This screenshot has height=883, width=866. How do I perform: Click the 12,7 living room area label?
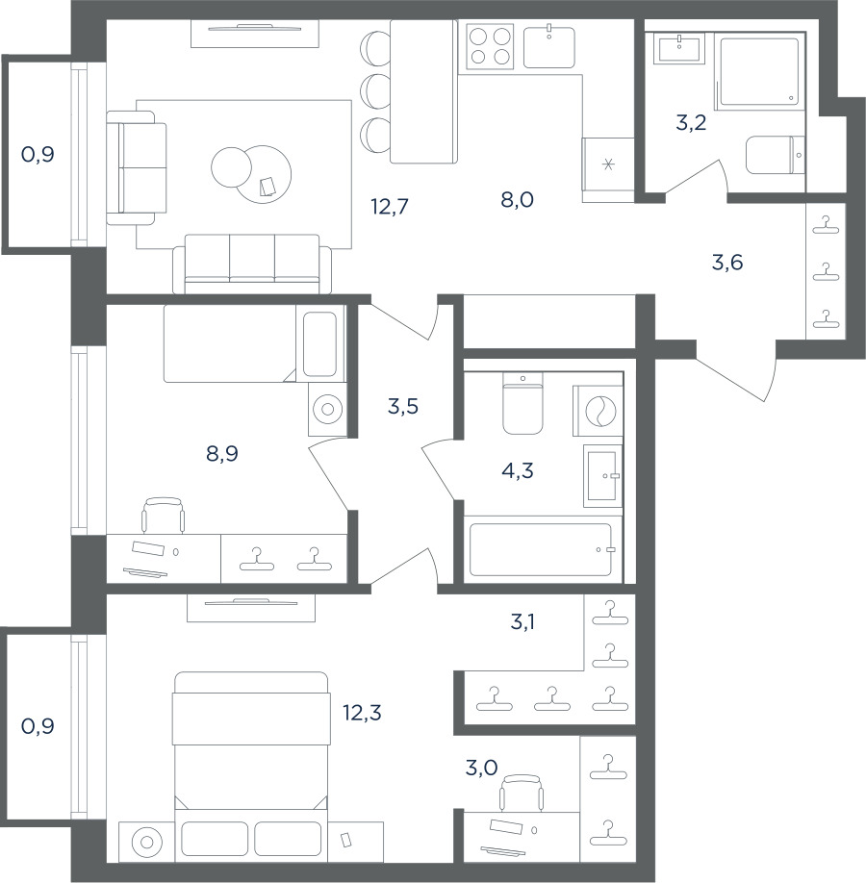pyautogui.click(x=390, y=207)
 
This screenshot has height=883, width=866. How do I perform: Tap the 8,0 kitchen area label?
pyautogui.click(x=518, y=199)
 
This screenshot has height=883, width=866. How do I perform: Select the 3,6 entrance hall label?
pyautogui.click(x=727, y=263)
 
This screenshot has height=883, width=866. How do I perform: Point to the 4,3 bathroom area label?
pyautogui.click(x=518, y=470)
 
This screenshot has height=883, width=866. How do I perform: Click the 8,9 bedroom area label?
pyautogui.click(x=222, y=453)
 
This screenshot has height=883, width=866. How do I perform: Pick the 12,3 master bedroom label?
pyautogui.click(x=363, y=713)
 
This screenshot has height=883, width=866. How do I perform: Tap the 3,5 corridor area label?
pyautogui.click(x=403, y=406)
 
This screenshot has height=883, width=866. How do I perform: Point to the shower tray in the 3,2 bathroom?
pyautogui.click(x=759, y=71)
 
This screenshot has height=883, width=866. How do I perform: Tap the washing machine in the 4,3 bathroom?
pyautogui.click(x=598, y=411)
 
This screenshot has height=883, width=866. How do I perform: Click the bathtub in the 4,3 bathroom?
pyautogui.click(x=541, y=549)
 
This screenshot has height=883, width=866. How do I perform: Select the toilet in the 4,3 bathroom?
pyautogui.click(x=522, y=403)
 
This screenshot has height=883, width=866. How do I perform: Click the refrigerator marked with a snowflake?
pyautogui.click(x=608, y=169)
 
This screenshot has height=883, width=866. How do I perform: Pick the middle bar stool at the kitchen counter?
pyautogui.click(x=375, y=90)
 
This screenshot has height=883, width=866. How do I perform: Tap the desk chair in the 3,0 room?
pyautogui.click(x=522, y=793)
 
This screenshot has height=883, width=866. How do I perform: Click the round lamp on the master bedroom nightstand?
pyautogui.click(x=146, y=843)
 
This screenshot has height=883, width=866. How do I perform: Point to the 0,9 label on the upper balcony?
pyautogui.click(x=38, y=154)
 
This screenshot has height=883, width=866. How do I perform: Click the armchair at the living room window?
pyautogui.click(x=137, y=167)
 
